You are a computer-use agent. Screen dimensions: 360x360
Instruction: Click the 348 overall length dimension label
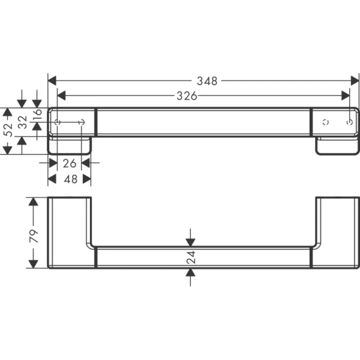pyautogui.click(x=207, y=81)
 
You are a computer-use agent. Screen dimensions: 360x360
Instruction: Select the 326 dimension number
pyautogui.click(x=188, y=96)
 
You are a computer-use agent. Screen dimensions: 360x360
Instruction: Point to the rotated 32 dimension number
pyautogui.click(x=22, y=123)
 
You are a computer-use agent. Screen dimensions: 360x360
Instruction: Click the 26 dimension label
pyautogui.click(x=69, y=163)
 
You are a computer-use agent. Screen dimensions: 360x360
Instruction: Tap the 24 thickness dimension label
pyautogui.click(x=191, y=258)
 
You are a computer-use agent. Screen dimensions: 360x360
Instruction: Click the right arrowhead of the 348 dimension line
pyautogui.click(x=355, y=81)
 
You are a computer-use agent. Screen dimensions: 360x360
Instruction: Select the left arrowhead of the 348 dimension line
pyautogui.click(x=52, y=81)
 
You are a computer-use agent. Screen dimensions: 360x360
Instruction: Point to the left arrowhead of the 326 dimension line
pyautogui.click(x=61, y=96)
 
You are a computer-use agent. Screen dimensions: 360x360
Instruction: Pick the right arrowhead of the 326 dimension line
pyautogui.click(x=345, y=96)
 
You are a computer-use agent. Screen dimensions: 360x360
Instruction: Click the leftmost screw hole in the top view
pyautogui.click(x=58, y=122)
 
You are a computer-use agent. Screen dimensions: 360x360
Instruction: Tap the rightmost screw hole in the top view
pyautogui.click(x=350, y=122)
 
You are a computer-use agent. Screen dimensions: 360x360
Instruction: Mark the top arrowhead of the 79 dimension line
pyautogui.click(x=33, y=202)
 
